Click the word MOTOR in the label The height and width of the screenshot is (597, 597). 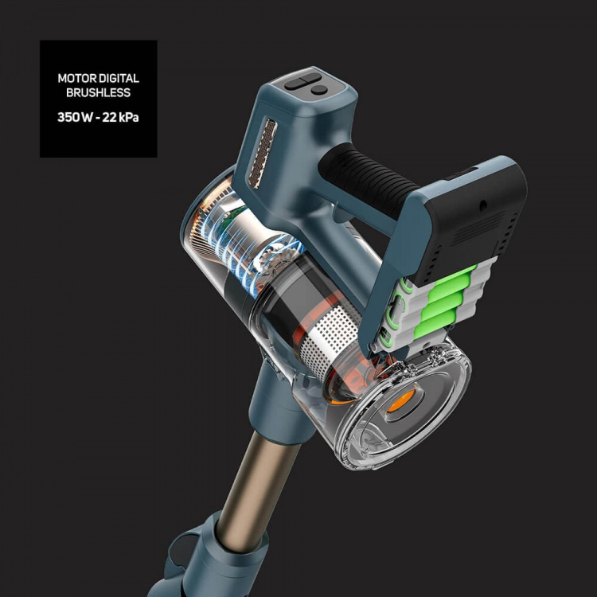pos(77,79)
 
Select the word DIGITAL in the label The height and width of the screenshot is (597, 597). pos(119,79)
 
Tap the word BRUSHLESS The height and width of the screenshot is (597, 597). pos(98,92)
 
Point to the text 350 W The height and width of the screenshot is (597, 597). pos(75,117)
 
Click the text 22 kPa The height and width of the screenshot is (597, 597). pos(120,117)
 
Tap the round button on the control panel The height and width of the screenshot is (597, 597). pos(319,90)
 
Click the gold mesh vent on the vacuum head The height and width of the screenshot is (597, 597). pos(263,154)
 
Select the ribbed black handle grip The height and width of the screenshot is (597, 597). pos(368,179)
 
